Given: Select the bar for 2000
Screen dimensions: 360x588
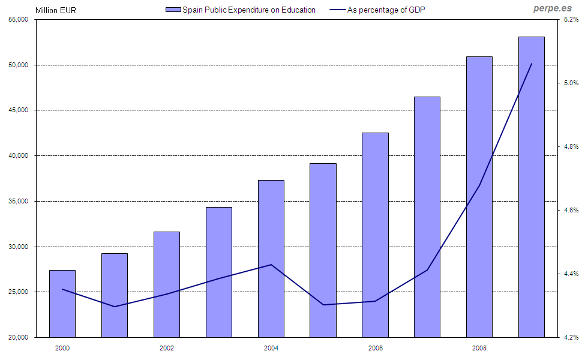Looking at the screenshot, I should [62, 304].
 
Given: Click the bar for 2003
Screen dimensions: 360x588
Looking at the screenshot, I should [218, 272].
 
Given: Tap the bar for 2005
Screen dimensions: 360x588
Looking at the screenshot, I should [323, 250].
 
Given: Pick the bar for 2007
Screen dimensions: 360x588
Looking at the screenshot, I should [427, 217].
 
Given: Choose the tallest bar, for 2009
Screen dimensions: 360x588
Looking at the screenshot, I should [531, 187].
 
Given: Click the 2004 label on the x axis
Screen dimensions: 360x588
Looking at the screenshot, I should [271, 348].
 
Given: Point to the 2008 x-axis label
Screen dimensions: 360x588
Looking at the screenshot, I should [479, 348].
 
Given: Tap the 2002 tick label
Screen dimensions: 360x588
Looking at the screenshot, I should [167, 348].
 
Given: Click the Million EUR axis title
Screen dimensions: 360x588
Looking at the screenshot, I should [56, 10].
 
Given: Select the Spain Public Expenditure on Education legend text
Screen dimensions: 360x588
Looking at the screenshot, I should [249, 10].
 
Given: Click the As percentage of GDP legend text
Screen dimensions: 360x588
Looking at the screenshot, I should [386, 10].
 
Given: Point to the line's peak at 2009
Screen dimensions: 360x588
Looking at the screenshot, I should [532, 64].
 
